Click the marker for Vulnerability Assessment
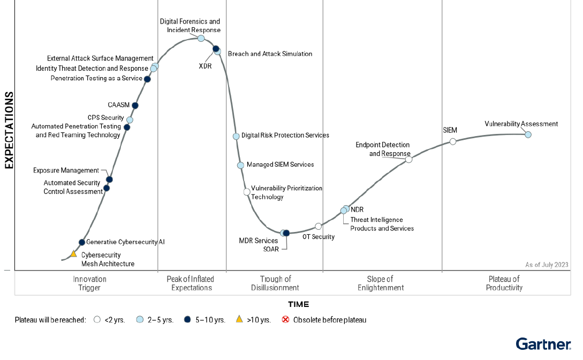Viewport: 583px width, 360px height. [528, 134]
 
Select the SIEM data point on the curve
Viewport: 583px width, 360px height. [453, 141]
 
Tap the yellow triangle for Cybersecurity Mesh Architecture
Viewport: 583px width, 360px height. [74, 253]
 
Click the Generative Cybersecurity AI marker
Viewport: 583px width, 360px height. [82, 242]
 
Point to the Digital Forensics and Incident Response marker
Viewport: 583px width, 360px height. [201, 38]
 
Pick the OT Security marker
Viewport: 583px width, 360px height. [319, 226]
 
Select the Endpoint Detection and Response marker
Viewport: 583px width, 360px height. [408, 160]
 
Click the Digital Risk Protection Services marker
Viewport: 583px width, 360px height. [236, 136]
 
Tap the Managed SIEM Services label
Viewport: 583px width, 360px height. [280, 164]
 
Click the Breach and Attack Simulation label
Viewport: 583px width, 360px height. [270, 54]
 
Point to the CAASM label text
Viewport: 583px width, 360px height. [118, 105]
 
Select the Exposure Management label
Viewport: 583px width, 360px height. [66, 170]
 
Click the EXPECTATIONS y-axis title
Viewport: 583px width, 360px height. [9, 130]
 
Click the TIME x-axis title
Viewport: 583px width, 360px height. [298, 304]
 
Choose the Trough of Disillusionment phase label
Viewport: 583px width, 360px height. [275, 283]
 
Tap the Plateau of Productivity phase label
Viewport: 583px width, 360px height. [504, 283]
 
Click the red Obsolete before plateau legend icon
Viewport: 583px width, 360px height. [285, 320]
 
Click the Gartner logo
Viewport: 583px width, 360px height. [543, 344]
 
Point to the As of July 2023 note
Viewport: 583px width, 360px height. [547, 265]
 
